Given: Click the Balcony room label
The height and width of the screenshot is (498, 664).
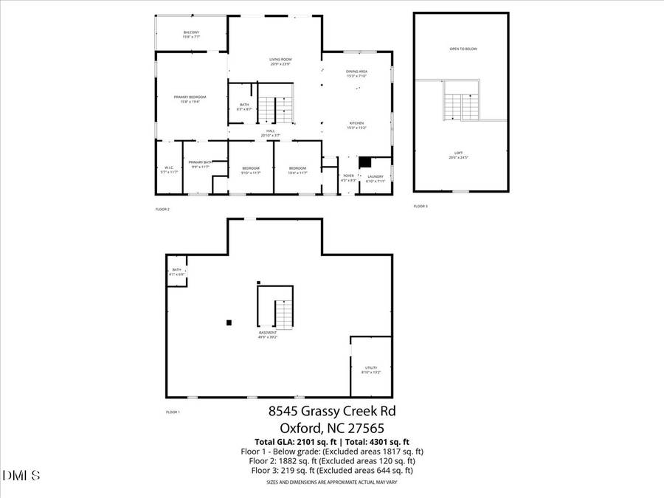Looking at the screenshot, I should pyautogui.click(x=191, y=34).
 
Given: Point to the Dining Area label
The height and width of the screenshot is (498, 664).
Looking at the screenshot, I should pyautogui.click(x=356, y=73).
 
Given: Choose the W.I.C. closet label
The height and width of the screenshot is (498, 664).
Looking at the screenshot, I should pyautogui.click(x=169, y=169).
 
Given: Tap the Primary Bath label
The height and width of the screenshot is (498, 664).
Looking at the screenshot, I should pyautogui.click(x=200, y=165).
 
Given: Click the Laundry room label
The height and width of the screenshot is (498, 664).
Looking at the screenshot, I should pyautogui.click(x=376, y=178).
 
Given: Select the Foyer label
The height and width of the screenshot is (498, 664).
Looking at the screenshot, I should pyautogui.click(x=349, y=178).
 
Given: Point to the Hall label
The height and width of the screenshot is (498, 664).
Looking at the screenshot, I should pyautogui.click(x=271, y=133).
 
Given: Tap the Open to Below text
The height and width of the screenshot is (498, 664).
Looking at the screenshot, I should pyautogui.click(x=463, y=49).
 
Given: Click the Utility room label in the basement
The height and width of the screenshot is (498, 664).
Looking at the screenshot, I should pyautogui.click(x=371, y=370).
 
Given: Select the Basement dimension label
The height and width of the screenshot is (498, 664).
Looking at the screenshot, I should pyautogui.click(x=267, y=334).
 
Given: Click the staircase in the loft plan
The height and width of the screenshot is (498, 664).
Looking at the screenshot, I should pyautogui.click(x=461, y=108).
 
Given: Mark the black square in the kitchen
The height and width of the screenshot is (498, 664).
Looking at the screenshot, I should pyautogui.click(x=364, y=161).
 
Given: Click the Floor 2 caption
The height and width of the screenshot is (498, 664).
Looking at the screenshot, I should pyautogui.click(x=162, y=210).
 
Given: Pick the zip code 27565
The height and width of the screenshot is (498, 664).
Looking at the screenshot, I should pyautogui.click(x=362, y=427).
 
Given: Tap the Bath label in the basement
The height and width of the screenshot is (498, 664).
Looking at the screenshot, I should pyautogui.click(x=177, y=272).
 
